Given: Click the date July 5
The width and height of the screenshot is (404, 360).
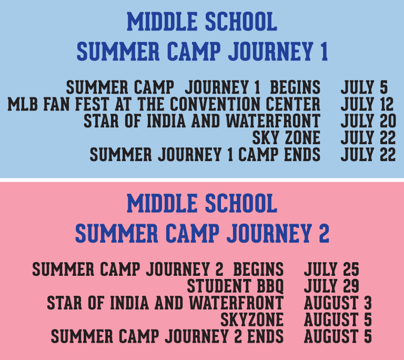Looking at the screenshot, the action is (x=364, y=87).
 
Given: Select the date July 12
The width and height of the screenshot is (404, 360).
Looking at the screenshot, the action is (x=367, y=104).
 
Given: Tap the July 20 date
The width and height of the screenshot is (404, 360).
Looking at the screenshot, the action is (x=368, y=121).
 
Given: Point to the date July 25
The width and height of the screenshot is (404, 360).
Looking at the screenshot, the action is (x=331, y=270).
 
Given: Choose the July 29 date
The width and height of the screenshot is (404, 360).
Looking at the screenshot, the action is (x=331, y=286).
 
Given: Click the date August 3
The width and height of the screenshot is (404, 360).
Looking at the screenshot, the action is (x=338, y=303).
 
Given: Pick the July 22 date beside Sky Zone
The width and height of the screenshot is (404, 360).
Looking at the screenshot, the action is (x=368, y=138).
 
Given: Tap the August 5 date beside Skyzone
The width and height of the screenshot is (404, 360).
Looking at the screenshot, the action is (x=338, y=319).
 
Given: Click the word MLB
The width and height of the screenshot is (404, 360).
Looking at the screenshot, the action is (x=23, y=104).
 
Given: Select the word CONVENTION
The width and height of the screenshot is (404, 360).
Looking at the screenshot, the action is (x=215, y=104).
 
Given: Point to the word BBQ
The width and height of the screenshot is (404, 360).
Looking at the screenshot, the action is (x=270, y=286).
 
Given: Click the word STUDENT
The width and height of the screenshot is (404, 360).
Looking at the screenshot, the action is (x=218, y=286).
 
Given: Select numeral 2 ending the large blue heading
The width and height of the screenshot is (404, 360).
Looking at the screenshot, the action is (x=324, y=233).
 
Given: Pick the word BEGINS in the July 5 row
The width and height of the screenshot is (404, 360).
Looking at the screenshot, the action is (x=295, y=87).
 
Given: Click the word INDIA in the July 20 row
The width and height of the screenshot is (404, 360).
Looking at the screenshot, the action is (x=166, y=121).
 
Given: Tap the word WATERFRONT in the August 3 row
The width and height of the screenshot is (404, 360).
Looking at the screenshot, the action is (x=237, y=303).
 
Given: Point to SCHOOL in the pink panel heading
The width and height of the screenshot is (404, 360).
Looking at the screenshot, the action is (x=241, y=203).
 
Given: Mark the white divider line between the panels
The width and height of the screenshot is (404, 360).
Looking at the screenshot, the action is (x=202, y=180).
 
